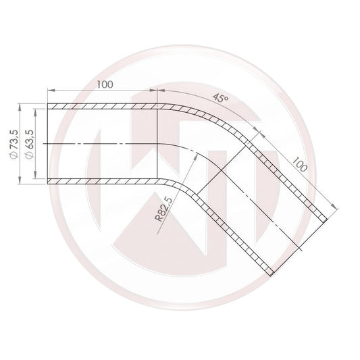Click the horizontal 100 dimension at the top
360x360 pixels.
[104, 85]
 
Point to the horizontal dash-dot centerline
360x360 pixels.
[101, 144]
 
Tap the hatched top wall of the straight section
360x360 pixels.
[101, 106]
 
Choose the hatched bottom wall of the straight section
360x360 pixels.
[101, 182]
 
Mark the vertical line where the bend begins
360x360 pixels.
[157, 144]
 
